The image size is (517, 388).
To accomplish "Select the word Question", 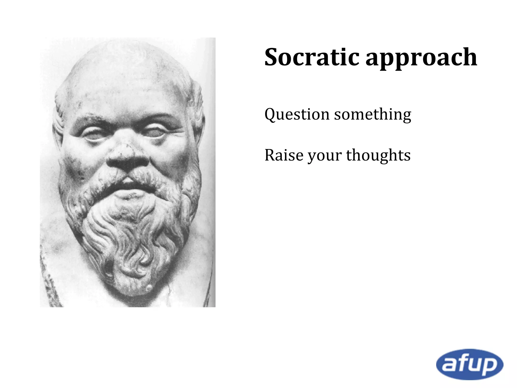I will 297,114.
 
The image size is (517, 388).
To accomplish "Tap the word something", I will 373,114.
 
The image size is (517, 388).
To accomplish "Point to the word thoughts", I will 378,155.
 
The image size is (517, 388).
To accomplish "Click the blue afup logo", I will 469,364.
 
